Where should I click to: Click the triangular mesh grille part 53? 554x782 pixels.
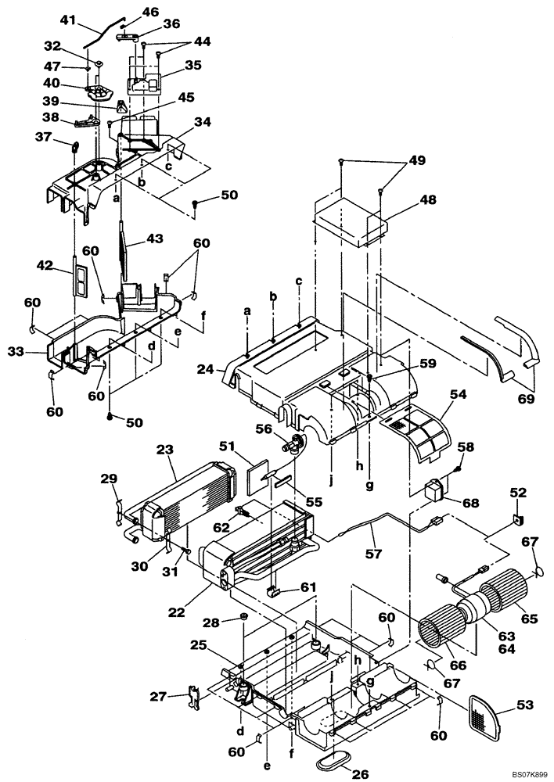click(x=487, y=716)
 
